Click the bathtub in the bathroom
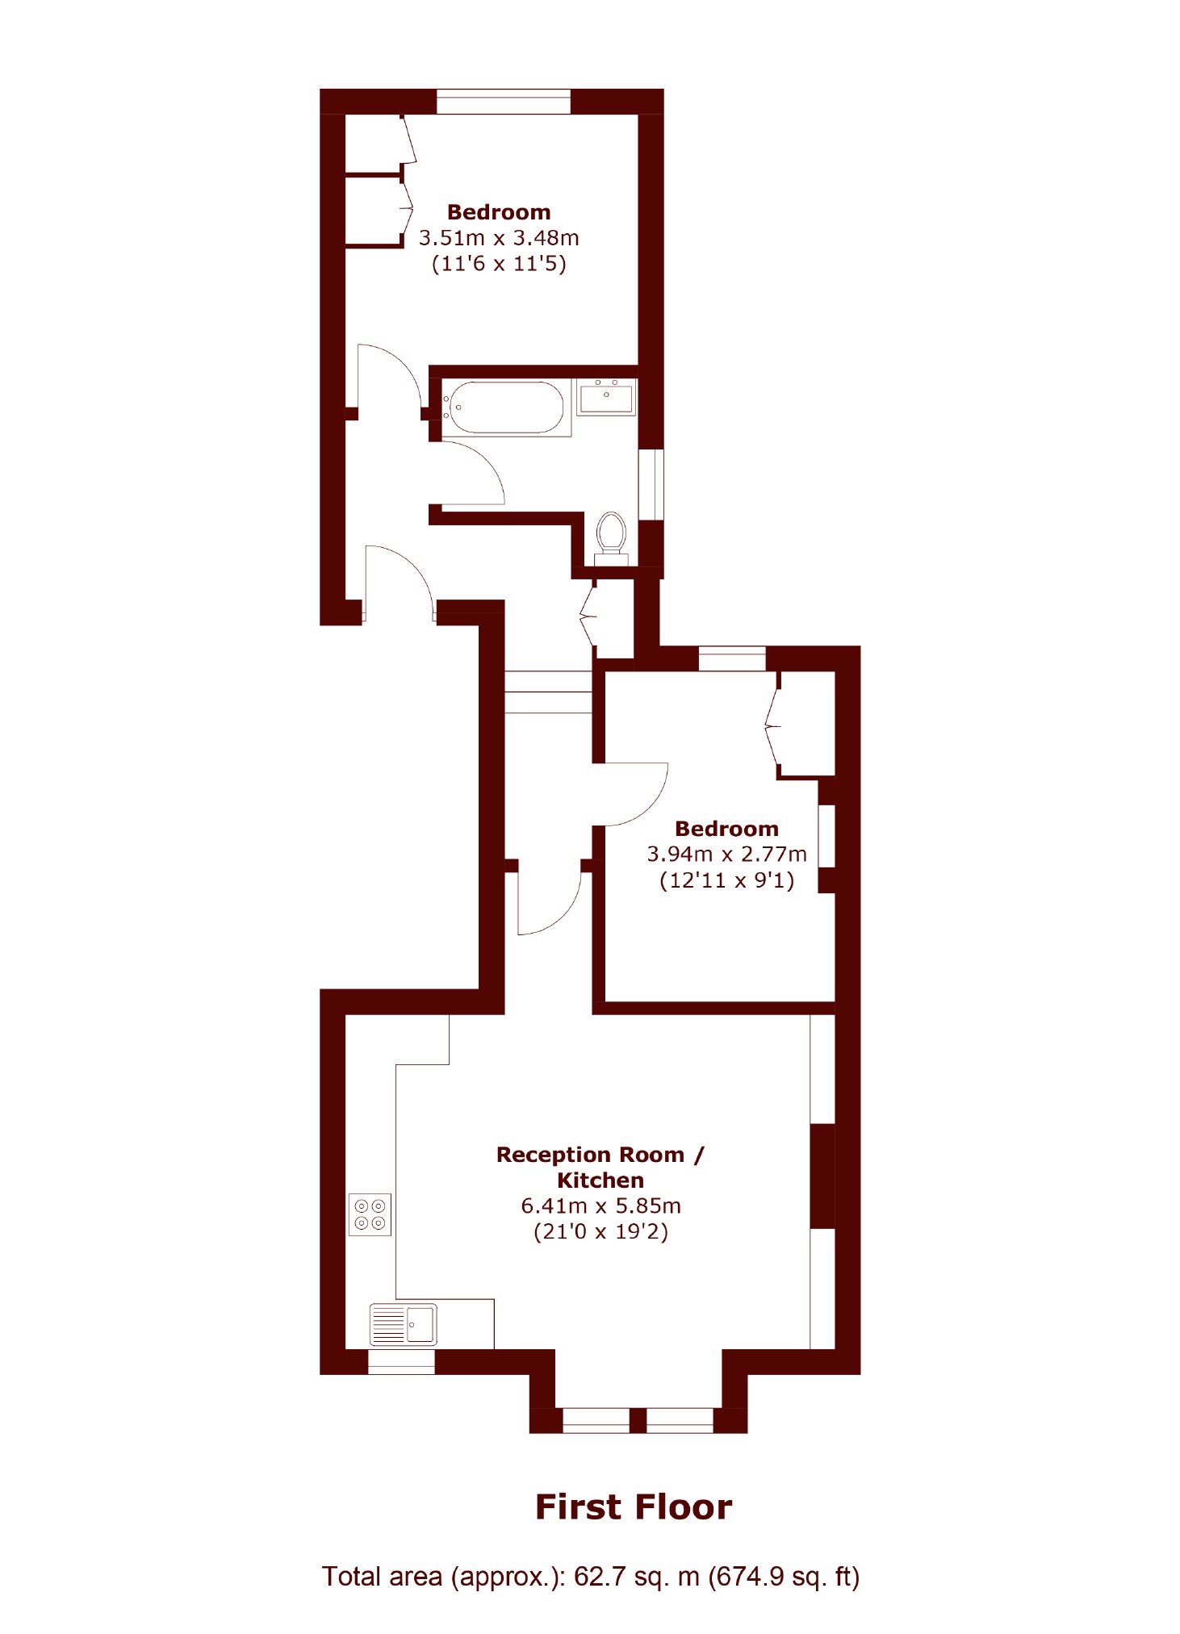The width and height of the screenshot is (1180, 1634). tap(506, 407)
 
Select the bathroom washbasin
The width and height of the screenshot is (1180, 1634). tap(606, 397)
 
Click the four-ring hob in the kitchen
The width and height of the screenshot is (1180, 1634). tap(370, 1214)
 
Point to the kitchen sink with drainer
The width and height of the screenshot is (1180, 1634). tap(404, 1324)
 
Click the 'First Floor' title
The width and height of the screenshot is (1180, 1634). tap(634, 1507)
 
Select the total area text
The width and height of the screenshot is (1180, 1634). tap(591, 1577)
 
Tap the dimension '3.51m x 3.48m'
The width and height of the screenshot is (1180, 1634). tap(499, 238)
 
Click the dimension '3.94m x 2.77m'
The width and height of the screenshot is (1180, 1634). tap(726, 854)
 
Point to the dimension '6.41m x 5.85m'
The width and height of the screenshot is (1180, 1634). tap(600, 1206)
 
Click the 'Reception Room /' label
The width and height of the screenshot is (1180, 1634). tap(600, 1155)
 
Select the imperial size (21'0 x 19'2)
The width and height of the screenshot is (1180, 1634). tap(600, 1231)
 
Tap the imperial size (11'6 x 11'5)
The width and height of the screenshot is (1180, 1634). tap(499, 264)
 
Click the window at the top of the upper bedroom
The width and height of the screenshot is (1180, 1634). tap(504, 102)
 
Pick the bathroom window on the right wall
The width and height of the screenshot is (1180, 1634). tap(651, 484)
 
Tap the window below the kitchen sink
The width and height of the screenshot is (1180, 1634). tap(401, 1362)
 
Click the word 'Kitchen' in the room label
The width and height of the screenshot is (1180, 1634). tap(600, 1181)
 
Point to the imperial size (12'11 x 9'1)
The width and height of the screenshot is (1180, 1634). tap(726, 880)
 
